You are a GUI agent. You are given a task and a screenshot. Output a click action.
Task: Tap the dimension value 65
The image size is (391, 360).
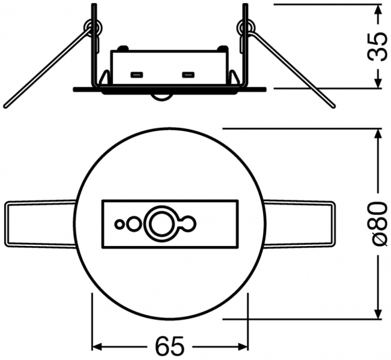(169, 346)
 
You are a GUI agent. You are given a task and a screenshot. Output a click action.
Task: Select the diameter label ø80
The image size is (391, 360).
(377, 223)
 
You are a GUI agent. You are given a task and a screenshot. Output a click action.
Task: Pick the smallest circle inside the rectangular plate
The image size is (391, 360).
(120, 224)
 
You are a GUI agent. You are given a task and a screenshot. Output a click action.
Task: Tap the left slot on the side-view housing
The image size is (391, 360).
(136, 76)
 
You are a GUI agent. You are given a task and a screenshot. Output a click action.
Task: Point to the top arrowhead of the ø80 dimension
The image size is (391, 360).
(377, 133)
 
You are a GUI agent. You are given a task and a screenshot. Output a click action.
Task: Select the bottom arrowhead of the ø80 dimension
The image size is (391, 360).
(377, 313)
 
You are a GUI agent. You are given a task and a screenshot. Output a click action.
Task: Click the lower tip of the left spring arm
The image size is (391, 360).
(6, 107)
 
